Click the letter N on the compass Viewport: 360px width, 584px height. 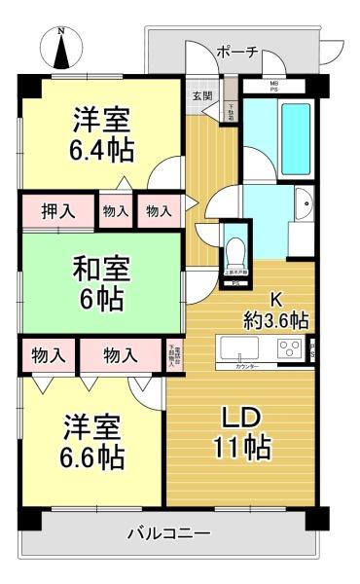tap(61, 31)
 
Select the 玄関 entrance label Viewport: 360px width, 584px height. tap(201, 94)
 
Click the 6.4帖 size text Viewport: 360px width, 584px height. tap(101, 151)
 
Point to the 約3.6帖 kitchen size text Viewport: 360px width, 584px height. tap(275, 319)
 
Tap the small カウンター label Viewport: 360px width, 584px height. tap(251, 365)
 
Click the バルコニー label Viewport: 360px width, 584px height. tap(169, 533)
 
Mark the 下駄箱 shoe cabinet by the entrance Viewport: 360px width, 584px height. tap(231, 110)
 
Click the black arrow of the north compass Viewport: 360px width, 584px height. tap(61, 54)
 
